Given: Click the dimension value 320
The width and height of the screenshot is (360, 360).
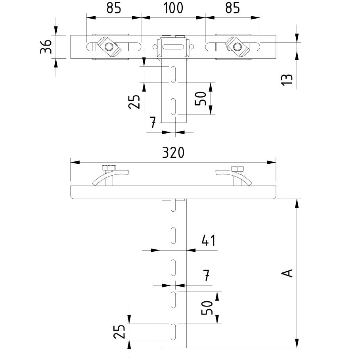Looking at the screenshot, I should (173, 153).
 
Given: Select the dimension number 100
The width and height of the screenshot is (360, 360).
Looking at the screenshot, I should (173, 8).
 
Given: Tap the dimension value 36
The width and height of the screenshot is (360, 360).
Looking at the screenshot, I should (46, 47).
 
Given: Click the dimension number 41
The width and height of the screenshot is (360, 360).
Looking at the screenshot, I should (208, 240).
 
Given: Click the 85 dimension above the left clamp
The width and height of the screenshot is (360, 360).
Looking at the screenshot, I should (113, 8).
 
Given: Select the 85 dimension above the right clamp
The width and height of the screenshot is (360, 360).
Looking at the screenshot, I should (232, 8).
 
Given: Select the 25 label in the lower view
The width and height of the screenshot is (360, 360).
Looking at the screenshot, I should (119, 331).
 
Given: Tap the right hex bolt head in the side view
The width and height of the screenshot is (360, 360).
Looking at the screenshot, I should (237, 168).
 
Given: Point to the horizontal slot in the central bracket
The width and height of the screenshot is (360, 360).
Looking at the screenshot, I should (173, 47).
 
